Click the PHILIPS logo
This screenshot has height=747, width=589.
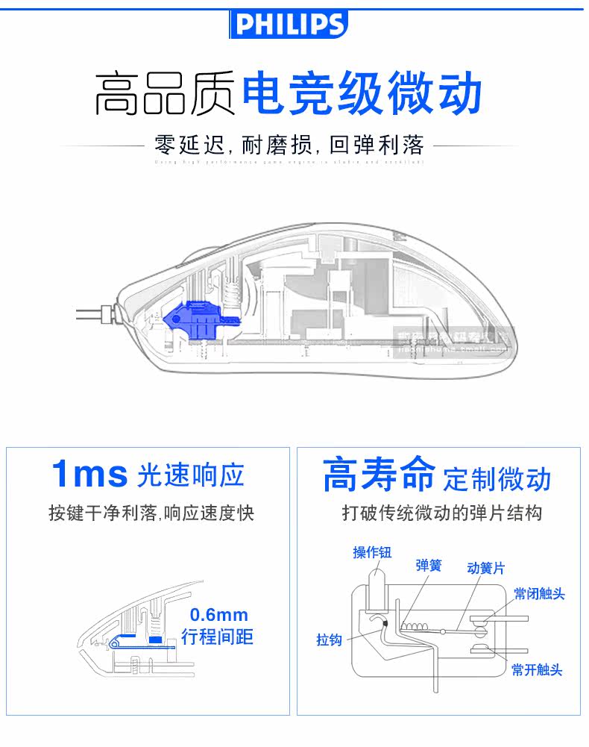(x=289, y=25)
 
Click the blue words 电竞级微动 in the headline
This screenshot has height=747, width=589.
(x=362, y=94)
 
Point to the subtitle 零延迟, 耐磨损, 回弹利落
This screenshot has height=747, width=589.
(x=289, y=144)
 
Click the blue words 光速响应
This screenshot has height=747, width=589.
(x=191, y=475)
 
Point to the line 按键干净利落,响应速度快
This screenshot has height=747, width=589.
(x=151, y=513)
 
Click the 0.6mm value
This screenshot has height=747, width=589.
(x=218, y=616)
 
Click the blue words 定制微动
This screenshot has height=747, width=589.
(x=497, y=478)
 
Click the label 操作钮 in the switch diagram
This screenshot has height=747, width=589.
(x=372, y=552)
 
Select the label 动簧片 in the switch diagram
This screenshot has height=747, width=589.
(x=485, y=569)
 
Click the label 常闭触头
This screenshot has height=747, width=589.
(x=538, y=595)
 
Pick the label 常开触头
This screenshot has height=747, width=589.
(x=537, y=669)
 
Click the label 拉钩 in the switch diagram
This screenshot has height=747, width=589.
(x=329, y=640)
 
